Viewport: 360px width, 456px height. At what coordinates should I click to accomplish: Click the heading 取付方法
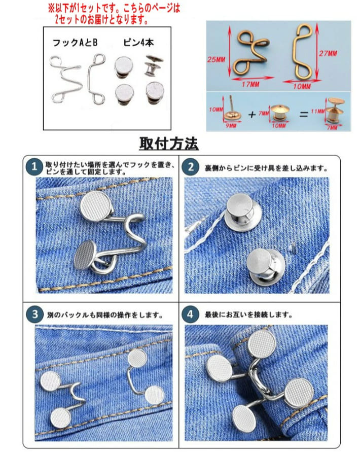pyautogui.click(x=169, y=144)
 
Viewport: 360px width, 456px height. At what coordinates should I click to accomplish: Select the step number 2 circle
pyautogui.click(x=190, y=166)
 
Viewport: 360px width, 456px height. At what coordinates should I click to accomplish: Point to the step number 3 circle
pyautogui.click(x=33, y=314)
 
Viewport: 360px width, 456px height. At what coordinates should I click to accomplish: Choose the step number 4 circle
pyautogui.click(x=190, y=314)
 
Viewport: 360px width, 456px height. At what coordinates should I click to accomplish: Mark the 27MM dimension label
pyautogui.click(x=340, y=53)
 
